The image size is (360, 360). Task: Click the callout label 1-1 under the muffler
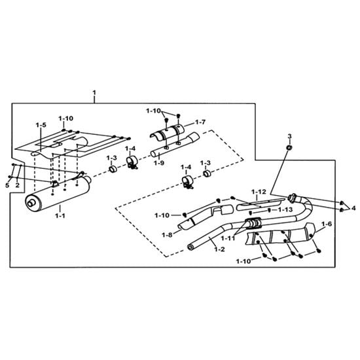60,215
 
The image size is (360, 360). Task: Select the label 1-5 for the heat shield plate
41,125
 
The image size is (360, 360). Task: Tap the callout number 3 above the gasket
289,136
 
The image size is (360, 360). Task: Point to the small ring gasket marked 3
289,147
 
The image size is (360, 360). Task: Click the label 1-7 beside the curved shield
200,122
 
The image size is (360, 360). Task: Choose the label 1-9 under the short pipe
159,163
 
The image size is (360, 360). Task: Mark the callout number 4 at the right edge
353,208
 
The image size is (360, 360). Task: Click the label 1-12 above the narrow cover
259,192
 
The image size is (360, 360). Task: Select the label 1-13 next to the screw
285,209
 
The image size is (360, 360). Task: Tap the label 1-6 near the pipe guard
327,224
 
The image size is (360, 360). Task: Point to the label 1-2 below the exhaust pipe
219,249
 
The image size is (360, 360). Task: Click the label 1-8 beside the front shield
167,235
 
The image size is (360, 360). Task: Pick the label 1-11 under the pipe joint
228,238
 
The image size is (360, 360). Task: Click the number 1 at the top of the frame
94,93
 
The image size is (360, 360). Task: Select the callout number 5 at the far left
7,185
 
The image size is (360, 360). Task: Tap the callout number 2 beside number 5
18,185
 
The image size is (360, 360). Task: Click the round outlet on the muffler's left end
31,203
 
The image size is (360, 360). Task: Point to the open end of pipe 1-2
190,247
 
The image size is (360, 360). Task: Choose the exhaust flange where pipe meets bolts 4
293,198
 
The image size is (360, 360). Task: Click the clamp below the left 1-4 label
132,162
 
